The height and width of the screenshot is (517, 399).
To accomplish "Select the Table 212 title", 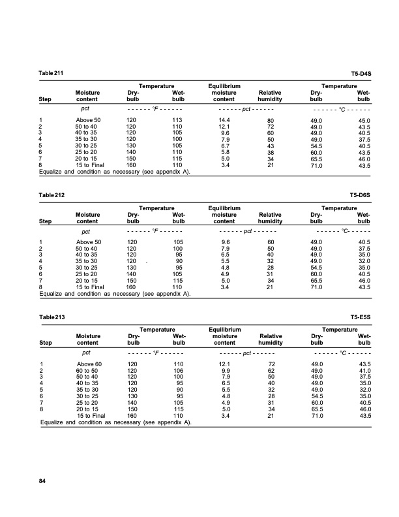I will tap(51, 195).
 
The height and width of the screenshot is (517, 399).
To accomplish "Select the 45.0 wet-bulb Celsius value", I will tap(364, 121).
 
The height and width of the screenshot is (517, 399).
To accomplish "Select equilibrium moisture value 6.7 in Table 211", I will tap(226, 145).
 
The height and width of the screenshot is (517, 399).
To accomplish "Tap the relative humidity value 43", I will tap(271, 145).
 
